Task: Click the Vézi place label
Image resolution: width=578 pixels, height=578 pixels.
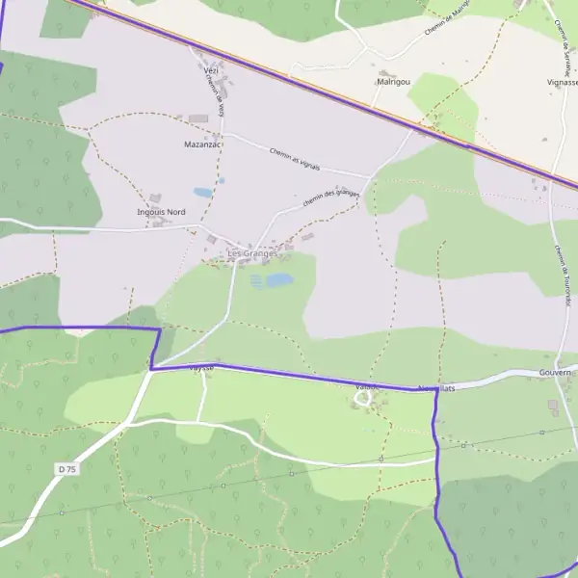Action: pyautogui.click(x=212, y=69)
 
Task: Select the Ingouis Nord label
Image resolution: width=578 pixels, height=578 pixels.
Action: pyautogui.click(x=162, y=212)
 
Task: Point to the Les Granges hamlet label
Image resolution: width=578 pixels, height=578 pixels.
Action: pyautogui.click(x=252, y=254)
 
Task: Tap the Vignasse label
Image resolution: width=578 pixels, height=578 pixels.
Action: pyautogui.click(x=561, y=83)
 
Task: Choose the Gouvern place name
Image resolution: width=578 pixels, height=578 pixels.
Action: pyautogui.click(x=556, y=372)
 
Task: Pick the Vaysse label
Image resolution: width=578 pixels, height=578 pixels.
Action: pyautogui.click(x=200, y=368)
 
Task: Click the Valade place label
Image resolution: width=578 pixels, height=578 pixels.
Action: pyautogui.click(x=364, y=387)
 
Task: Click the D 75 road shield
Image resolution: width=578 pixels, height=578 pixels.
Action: pyautogui.click(x=66, y=468)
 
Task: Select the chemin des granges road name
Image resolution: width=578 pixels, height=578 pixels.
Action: pyautogui.click(x=330, y=197)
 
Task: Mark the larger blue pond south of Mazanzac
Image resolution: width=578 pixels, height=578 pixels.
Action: pyautogui.click(x=202, y=193)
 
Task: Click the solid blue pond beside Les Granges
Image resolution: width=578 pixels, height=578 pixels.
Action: pyautogui.click(x=280, y=280)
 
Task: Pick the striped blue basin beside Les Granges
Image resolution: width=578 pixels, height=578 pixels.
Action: pyautogui.click(x=256, y=281)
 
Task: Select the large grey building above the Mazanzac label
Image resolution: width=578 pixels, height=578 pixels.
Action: pyautogui.click(x=197, y=118)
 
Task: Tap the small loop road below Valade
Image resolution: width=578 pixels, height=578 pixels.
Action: pyautogui.click(x=363, y=398)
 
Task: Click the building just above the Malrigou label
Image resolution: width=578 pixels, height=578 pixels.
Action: pyautogui.click(x=387, y=73)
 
